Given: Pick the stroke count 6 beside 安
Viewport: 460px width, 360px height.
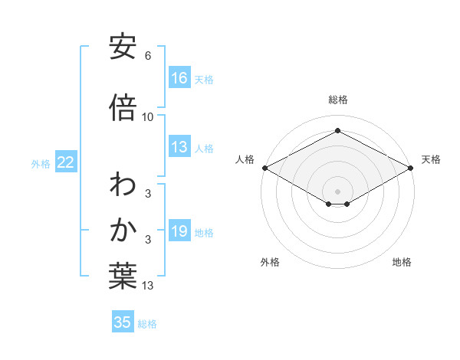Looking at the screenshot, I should [x=148, y=56].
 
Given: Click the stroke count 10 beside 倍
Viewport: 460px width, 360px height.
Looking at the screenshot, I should [x=148, y=116].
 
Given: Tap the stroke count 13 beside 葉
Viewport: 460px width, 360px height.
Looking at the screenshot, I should [x=148, y=286].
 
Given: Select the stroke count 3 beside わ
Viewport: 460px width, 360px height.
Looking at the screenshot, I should [x=148, y=194].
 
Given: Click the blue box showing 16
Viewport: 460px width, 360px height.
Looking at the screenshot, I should [x=179, y=78].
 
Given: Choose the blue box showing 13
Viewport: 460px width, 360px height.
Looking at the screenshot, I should [x=179, y=148].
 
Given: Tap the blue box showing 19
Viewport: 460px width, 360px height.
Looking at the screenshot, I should [x=179, y=232].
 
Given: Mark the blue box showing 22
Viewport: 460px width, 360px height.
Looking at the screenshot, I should [x=66, y=162].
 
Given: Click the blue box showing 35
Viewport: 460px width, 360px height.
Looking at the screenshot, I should [x=123, y=322].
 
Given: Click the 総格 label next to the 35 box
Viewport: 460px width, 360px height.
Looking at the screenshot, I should [x=147, y=324].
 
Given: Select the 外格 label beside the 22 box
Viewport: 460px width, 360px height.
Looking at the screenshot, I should [x=41, y=163].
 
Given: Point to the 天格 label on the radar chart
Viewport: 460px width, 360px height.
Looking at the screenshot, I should [x=431, y=159].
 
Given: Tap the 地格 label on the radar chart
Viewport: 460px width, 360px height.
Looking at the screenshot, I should [x=402, y=262].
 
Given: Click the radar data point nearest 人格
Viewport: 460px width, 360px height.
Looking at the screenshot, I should [x=264, y=168].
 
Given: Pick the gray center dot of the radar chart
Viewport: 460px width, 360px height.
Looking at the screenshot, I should [x=337, y=191].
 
